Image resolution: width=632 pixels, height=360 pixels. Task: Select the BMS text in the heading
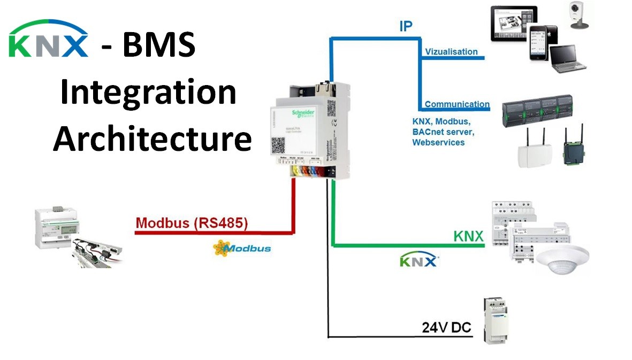(158, 45)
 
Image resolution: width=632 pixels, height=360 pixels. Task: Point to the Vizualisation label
(451, 52)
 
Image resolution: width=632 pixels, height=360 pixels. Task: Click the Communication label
(456, 104)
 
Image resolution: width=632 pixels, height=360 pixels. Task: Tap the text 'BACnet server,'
(443, 132)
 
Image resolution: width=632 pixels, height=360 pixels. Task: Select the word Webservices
(438, 142)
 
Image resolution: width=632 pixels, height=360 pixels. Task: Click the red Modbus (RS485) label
(192, 223)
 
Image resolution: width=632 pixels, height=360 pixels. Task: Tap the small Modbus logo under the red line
(242, 248)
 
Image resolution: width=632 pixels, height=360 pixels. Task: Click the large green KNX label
(468, 235)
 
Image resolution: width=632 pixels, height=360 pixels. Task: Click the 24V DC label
(446, 327)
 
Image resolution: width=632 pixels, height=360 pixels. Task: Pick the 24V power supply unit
(496, 320)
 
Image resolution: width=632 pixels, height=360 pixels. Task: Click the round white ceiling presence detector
(562, 258)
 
